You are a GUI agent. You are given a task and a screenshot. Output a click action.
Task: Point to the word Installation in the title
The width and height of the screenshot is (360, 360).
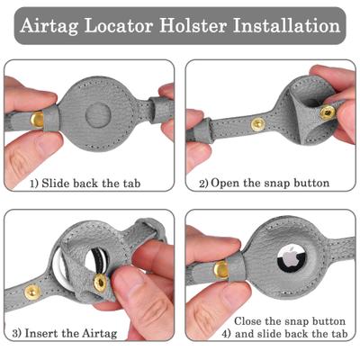point(289,25)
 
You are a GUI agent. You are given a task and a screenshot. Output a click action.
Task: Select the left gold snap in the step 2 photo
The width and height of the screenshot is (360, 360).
point(257,123)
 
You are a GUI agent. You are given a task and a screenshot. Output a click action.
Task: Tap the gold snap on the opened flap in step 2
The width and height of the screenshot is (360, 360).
point(326,112)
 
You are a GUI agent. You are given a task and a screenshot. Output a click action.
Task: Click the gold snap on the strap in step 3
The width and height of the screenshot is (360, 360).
point(31,291)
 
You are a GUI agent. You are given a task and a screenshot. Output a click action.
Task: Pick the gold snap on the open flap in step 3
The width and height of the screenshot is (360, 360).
point(100,283)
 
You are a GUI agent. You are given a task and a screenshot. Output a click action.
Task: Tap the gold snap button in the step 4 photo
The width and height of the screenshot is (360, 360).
point(221,267)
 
